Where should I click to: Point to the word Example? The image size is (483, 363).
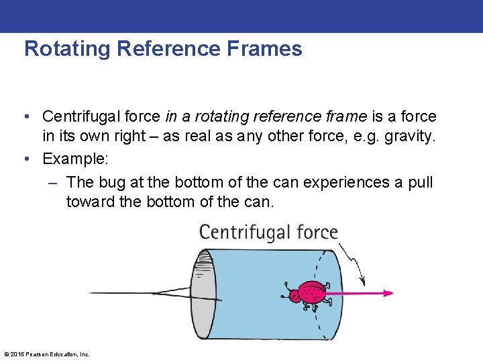74,159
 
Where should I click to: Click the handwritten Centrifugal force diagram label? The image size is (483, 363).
268,233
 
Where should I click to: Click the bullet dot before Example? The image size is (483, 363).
25,159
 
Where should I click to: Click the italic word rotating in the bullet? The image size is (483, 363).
219,117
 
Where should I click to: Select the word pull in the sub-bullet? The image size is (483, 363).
420,182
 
